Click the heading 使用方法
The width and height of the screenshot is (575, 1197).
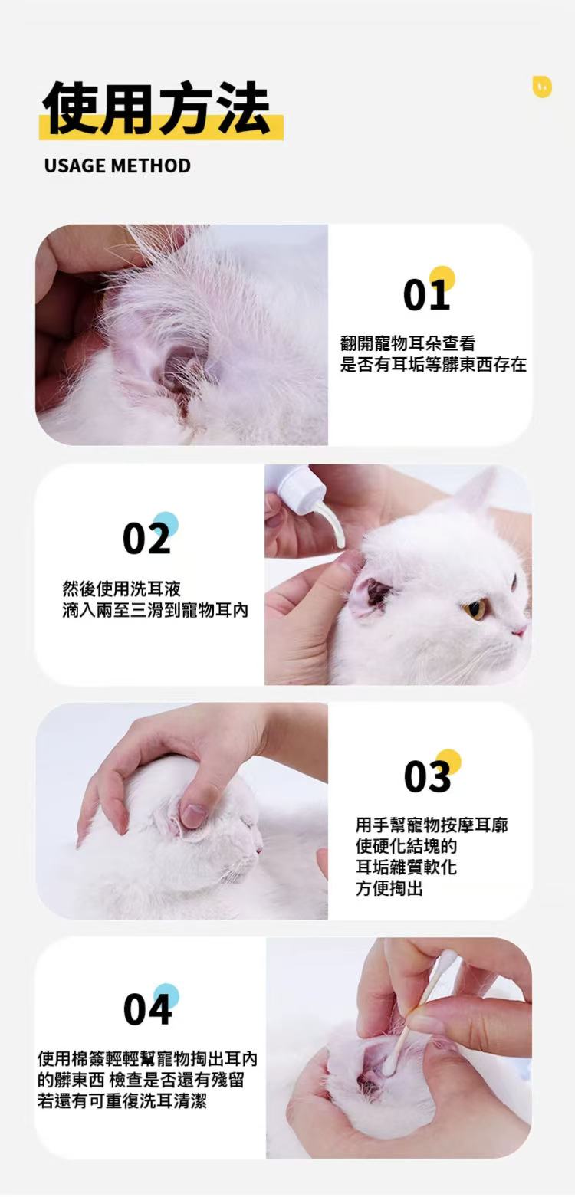[156, 108]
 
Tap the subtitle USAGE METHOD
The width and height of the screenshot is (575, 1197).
[117, 166]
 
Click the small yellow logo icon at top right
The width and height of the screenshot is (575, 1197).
[542, 87]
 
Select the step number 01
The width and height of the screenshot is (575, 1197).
[426, 296]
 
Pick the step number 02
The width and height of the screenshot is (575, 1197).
[146, 539]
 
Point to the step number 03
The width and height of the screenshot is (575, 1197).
[428, 776]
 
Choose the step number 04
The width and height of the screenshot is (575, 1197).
[147, 1009]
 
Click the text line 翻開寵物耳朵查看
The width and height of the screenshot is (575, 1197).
[407, 343]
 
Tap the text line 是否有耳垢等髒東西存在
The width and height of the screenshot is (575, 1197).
[433, 365]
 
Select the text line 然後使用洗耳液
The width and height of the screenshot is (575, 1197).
[122, 589]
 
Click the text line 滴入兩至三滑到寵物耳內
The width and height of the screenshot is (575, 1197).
[156, 610]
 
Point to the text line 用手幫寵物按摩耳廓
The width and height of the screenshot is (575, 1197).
[432, 825]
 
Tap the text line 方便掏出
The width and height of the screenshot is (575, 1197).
[389, 889]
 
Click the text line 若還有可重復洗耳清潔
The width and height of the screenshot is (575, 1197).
[122, 1100]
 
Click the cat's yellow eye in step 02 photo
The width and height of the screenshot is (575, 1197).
[475, 608]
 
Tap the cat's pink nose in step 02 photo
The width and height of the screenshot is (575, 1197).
[519, 631]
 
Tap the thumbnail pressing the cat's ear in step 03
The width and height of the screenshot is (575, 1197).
[193, 815]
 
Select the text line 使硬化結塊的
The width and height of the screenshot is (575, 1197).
[406, 846]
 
